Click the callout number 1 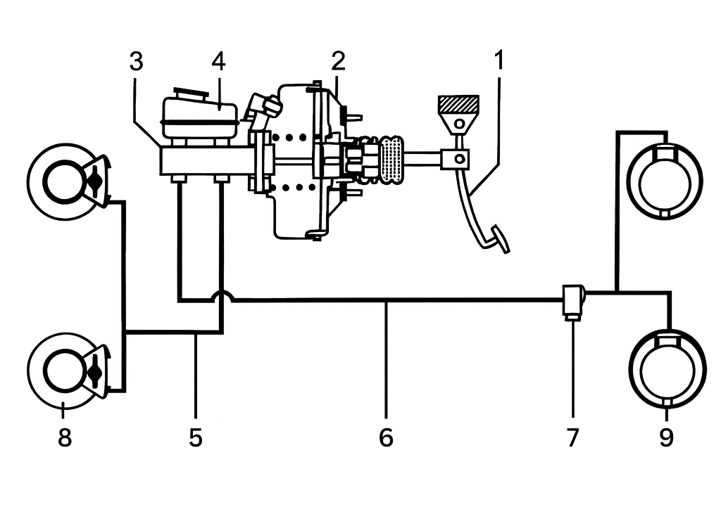click(x=499, y=62)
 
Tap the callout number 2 click(x=339, y=62)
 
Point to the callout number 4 click(x=218, y=62)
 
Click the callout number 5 click(x=196, y=437)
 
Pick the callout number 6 click(x=385, y=437)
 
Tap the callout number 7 click(x=572, y=437)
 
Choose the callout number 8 click(x=64, y=437)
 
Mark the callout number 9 click(x=666, y=437)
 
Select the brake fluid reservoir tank click(x=199, y=116)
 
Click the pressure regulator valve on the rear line click(x=573, y=300)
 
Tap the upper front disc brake click(x=67, y=181)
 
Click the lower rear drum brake click(x=666, y=368)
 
